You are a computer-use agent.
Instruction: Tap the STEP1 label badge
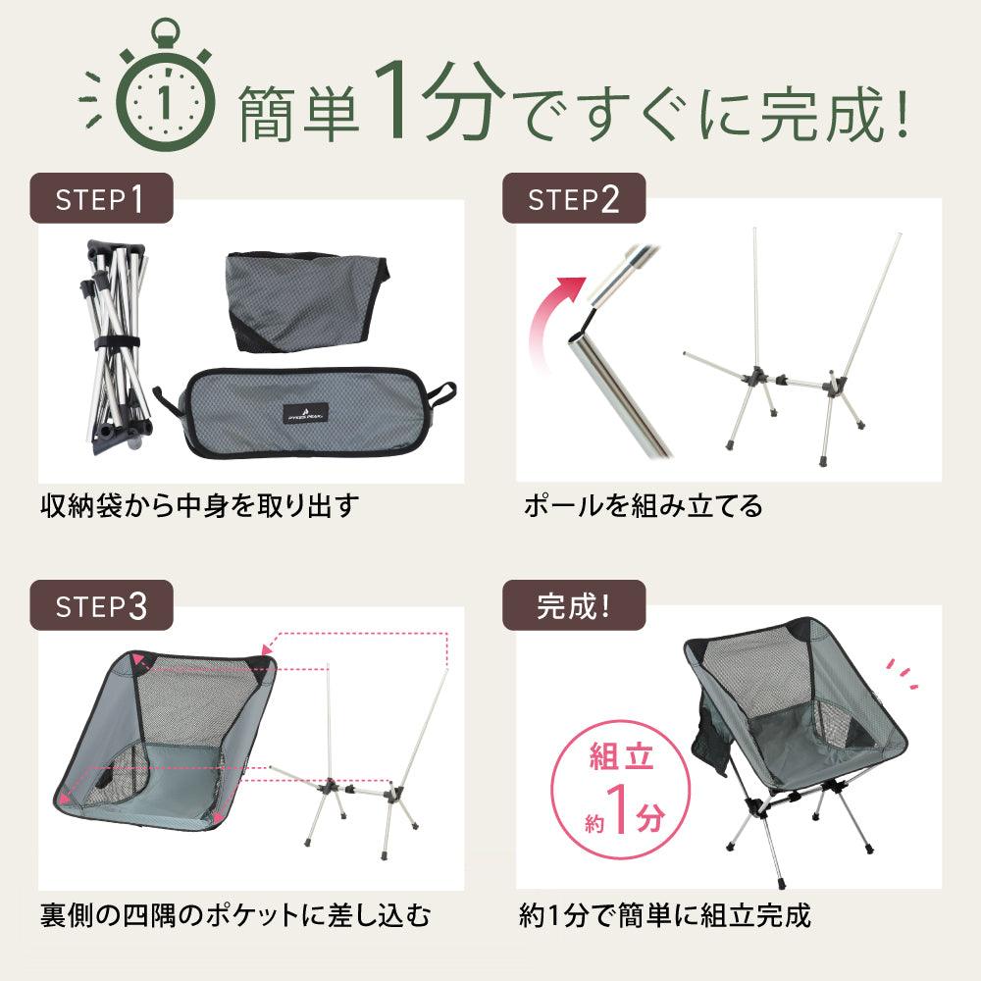101,198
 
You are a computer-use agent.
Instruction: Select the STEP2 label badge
574,198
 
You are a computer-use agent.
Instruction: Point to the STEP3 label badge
101,605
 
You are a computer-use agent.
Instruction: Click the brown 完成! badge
574,605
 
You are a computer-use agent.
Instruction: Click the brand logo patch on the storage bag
306,413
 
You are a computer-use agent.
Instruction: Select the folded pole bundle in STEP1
116,344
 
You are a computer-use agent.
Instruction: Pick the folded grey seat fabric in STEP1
306,300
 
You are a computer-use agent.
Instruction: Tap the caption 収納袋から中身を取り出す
199,505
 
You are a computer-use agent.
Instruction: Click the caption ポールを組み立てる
644,505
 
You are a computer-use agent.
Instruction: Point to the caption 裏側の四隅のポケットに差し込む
235,915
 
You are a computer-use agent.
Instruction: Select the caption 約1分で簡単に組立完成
665,915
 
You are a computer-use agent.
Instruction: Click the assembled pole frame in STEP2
792,347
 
